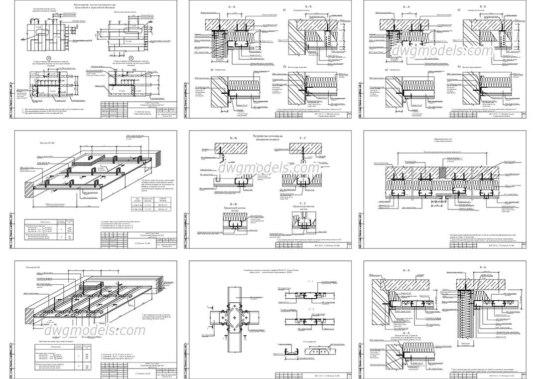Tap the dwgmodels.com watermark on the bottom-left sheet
click(x=95, y=330)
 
